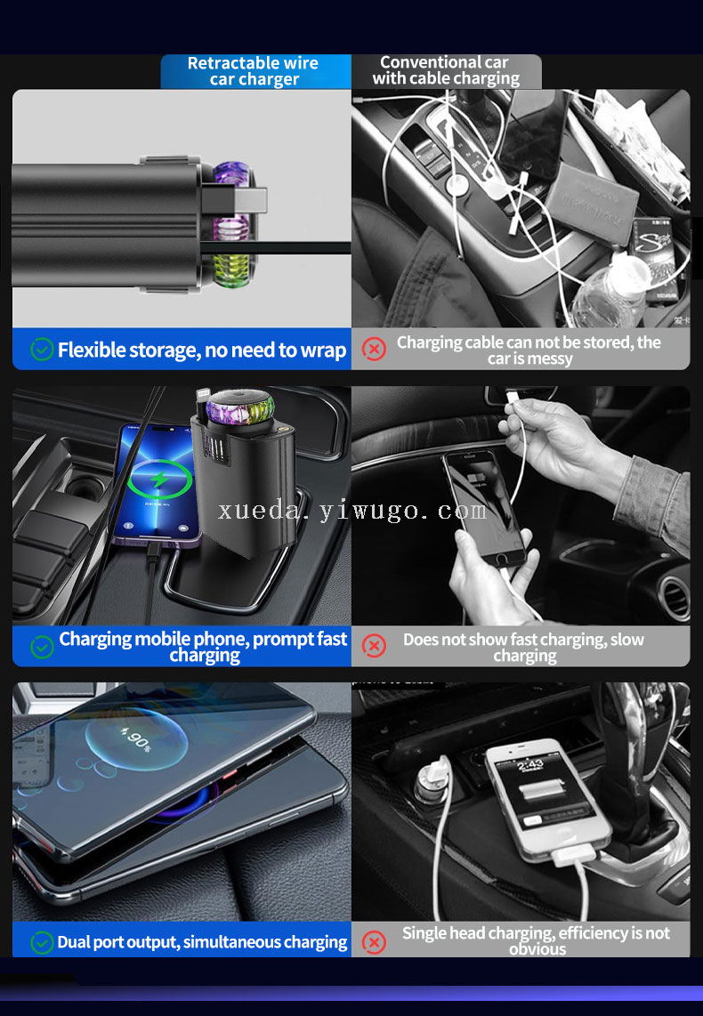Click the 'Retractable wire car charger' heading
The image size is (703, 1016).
click(253, 71)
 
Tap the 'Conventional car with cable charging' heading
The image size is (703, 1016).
click(446, 70)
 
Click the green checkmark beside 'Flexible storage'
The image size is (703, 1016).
click(42, 350)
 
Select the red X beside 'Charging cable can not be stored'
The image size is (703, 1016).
click(374, 350)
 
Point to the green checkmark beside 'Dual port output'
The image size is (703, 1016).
click(42, 942)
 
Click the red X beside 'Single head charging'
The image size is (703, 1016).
click(374, 942)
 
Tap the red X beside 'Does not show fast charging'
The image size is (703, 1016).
click(374, 646)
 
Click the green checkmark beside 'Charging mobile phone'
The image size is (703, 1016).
click(42, 647)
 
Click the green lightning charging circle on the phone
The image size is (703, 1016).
click(158, 480)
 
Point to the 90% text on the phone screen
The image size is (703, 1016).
click(137, 738)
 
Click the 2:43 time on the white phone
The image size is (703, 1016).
click(530, 765)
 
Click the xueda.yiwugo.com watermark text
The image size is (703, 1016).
click(351, 511)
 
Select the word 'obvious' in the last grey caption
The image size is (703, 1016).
click(537, 949)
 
